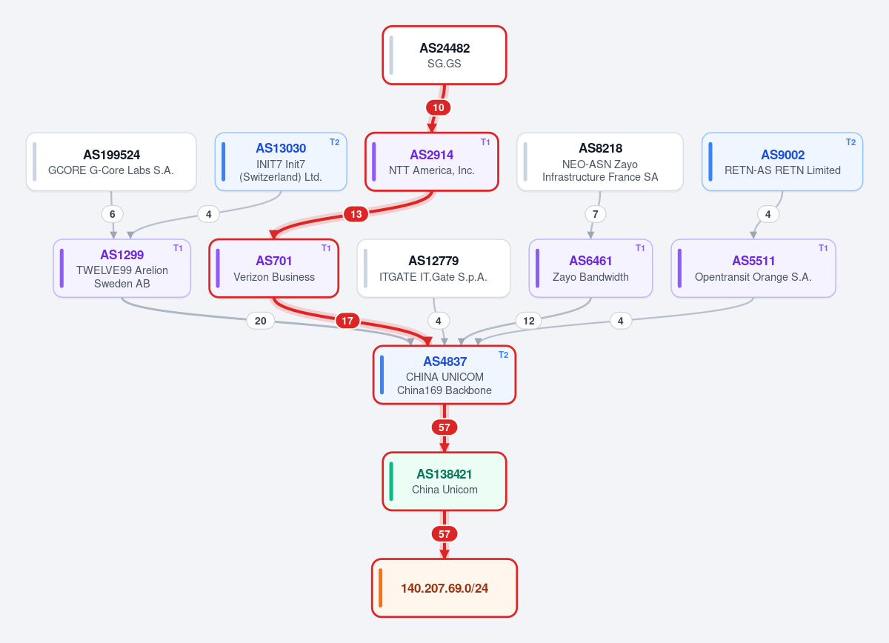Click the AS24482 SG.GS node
tap(444, 55)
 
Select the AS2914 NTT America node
tap(431, 161)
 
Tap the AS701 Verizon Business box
tap(274, 268)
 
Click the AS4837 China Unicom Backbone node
tap(444, 375)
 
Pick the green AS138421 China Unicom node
tap(444, 481)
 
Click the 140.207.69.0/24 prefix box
tap(444, 588)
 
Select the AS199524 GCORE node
tap(111, 161)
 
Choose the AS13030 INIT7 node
tap(281, 161)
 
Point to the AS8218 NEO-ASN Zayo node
tap(599, 161)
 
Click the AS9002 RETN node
tap(782, 161)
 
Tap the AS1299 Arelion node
tap(121, 268)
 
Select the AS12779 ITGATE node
tap(433, 268)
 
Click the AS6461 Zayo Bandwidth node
tap(590, 268)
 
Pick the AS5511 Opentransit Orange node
tap(753, 268)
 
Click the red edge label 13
tap(356, 214)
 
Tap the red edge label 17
tap(347, 321)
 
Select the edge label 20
tap(260, 321)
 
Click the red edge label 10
tap(438, 107)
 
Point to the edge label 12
tap(529, 321)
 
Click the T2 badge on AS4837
tap(503, 355)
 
